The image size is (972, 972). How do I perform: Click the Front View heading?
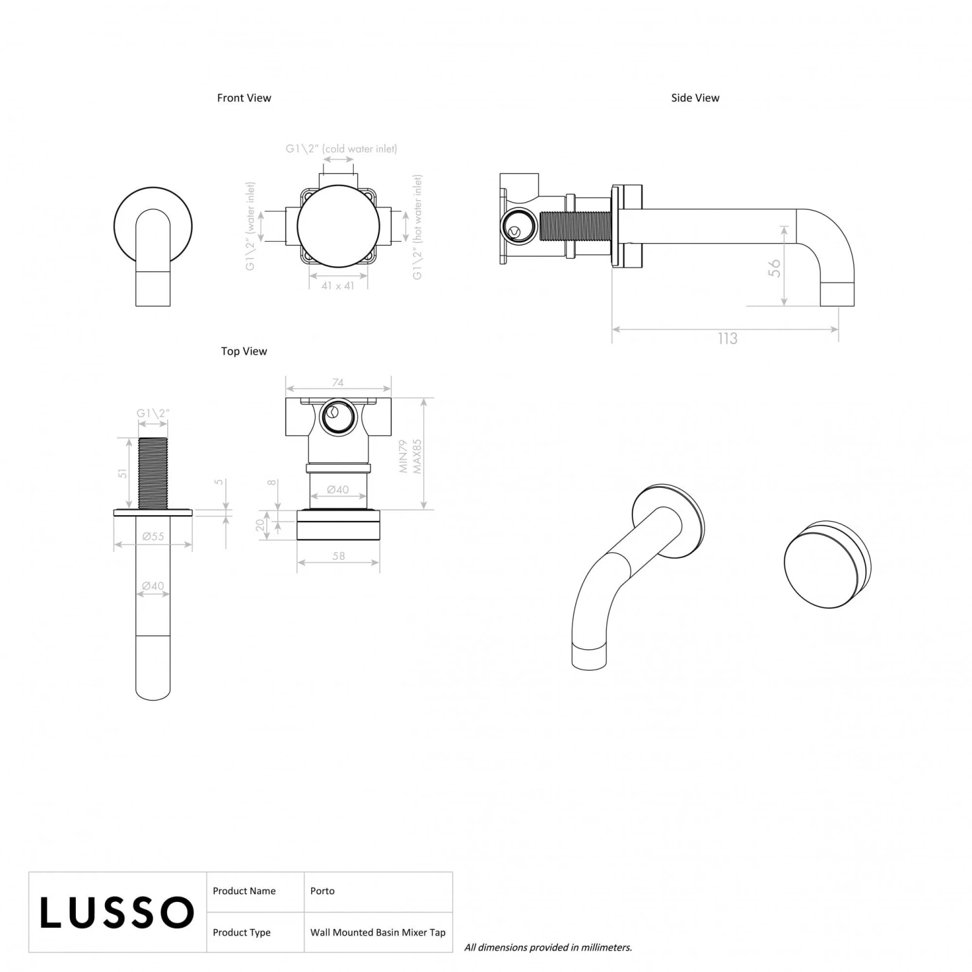244,98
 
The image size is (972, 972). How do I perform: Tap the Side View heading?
695,98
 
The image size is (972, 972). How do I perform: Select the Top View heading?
244,351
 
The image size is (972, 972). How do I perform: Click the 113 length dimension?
727,339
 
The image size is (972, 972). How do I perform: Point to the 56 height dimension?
774,268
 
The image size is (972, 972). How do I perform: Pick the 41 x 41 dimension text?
338,286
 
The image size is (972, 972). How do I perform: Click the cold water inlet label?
341,149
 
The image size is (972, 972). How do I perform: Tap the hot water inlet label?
418,227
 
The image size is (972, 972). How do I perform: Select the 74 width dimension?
338,383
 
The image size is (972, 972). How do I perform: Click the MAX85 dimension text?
417,456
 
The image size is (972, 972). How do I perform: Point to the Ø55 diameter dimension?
153,537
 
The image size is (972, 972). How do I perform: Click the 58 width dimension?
338,556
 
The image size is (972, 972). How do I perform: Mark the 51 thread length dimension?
123,473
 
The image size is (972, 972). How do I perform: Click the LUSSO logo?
117,912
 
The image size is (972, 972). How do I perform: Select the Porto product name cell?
322,891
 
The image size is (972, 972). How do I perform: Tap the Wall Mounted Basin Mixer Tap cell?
378,932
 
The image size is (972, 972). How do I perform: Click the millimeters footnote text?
548,947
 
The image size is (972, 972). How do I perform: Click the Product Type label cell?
242,932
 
